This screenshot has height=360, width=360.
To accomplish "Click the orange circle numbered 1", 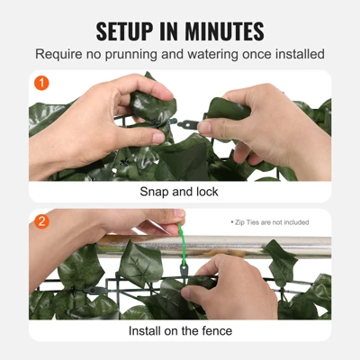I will tap(40, 84).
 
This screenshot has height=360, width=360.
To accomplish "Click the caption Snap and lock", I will tap(179, 192).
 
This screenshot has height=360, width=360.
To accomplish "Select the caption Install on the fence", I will tap(179, 331).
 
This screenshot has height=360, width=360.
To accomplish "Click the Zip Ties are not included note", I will tap(269, 221).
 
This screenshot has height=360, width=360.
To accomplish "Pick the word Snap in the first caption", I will tap(154, 192).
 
